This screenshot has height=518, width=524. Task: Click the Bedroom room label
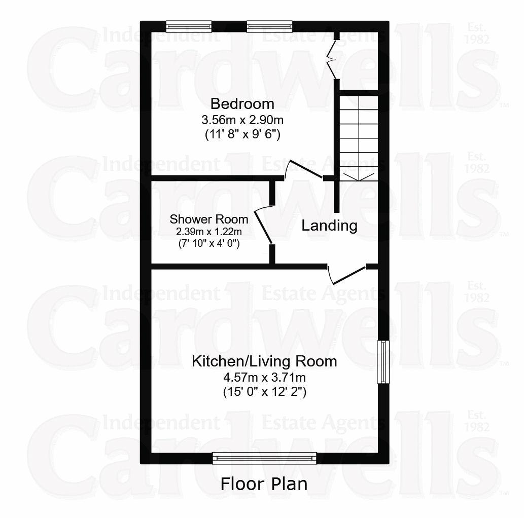click(242, 104)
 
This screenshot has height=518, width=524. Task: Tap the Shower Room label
click(209, 219)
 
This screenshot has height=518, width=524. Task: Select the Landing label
click(330, 226)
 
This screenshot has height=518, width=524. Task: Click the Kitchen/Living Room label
click(264, 361)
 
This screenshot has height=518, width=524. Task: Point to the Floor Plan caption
click(264, 484)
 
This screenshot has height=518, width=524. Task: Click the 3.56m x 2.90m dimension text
click(242, 119)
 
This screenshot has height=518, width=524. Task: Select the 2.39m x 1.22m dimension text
click(209, 231)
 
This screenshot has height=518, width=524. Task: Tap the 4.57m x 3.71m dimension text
click(264, 378)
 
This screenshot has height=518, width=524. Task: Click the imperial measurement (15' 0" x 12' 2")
click(264, 391)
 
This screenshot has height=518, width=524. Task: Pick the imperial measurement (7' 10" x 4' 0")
click(209, 243)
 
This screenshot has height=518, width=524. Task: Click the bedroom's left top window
click(189, 26)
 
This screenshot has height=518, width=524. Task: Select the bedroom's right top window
click(269, 26)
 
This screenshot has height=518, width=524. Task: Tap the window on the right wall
click(383, 362)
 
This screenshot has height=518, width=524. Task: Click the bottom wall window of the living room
click(264, 458)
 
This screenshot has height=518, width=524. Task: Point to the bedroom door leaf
click(306, 169)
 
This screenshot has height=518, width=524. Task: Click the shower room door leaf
click(263, 226)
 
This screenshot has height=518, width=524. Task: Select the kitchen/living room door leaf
click(349, 276)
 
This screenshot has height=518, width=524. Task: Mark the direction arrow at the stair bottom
click(359, 177)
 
